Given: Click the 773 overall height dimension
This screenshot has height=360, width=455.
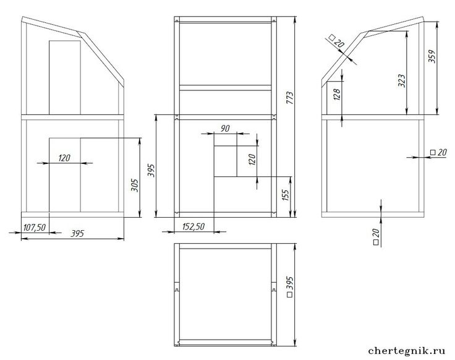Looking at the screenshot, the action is tap(290, 98).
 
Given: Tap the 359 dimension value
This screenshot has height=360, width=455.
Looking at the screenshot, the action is tap(432, 56).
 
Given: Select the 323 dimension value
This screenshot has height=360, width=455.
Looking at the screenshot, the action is tap(402, 80).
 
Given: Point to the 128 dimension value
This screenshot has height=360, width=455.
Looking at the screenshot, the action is tap(337, 94).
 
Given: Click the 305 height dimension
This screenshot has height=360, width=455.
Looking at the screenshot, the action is tap(135, 185).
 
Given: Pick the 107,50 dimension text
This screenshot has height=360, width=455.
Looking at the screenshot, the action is tap(35, 228).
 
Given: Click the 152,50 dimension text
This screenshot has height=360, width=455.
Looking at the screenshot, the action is tap(193, 226).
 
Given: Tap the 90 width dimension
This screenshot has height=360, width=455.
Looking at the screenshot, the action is tap(225, 128).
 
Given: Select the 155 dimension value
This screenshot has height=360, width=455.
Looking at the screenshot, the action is tap(286, 195).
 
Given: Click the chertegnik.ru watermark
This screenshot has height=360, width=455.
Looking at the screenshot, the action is tap(407, 351).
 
